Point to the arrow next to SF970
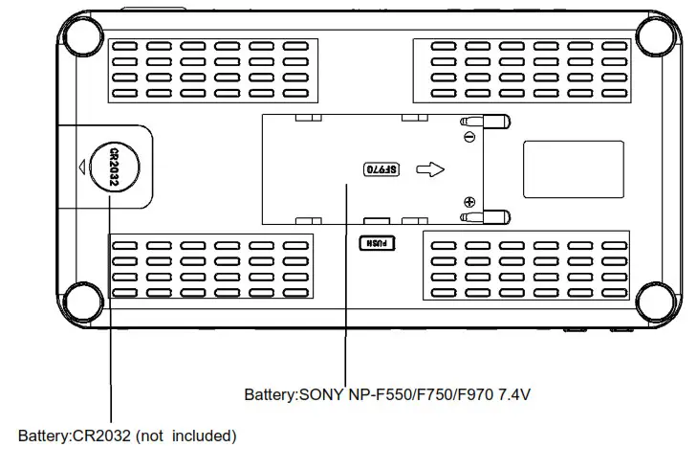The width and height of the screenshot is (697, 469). point(432,170)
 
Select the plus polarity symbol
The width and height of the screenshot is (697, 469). point(468,202)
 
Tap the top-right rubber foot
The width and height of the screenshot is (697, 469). point(656,36)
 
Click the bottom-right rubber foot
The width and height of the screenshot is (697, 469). point(656,299)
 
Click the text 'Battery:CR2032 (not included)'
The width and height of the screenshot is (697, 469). point(127,436)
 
